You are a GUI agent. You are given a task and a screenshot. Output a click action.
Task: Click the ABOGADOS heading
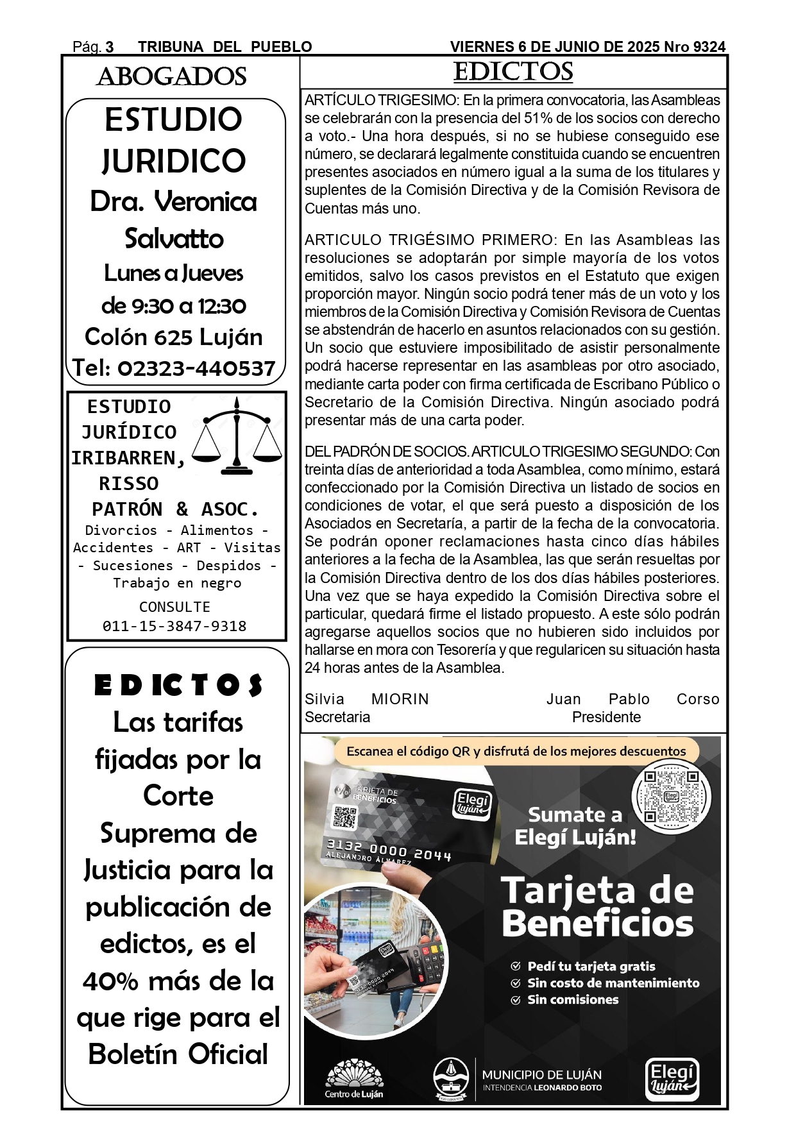click(171, 77)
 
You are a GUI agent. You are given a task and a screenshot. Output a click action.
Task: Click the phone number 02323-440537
click(196, 368)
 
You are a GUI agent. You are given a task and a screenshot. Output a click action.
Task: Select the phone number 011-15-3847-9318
click(174, 626)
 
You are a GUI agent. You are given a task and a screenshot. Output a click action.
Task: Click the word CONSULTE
click(174, 607)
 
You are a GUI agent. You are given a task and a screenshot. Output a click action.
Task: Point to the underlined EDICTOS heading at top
click(513, 72)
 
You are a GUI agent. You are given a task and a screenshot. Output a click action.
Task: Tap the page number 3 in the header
click(110, 47)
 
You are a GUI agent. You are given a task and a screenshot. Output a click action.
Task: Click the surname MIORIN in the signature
click(400, 699)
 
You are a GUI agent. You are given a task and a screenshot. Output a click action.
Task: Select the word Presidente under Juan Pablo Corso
click(606, 717)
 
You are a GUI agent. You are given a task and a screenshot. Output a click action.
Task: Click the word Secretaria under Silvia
click(337, 717)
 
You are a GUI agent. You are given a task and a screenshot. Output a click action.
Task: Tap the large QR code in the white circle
click(671, 796)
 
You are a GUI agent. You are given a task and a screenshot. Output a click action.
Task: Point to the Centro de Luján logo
click(354, 1079)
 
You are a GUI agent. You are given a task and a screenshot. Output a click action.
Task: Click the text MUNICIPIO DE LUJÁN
click(541, 1075)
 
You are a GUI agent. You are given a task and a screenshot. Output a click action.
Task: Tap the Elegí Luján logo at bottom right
click(672, 1079)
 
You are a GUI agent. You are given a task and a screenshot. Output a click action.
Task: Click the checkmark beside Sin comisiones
click(515, 1000)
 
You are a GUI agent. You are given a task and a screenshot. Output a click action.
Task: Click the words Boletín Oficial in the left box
click(178, 1054)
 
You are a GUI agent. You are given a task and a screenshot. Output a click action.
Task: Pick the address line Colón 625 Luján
click(174, 337)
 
